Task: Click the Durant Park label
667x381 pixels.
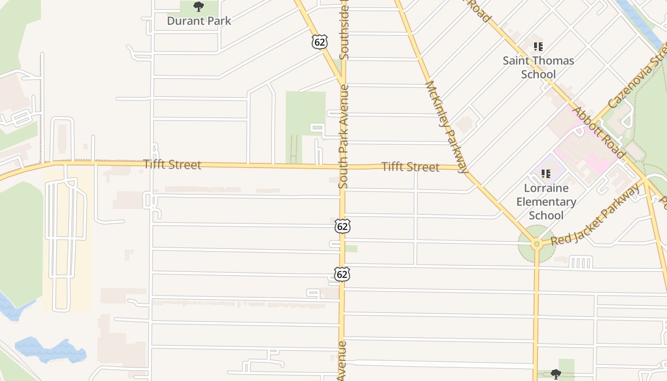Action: tap(199, 21)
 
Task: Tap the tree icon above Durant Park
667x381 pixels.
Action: tap(199, 7)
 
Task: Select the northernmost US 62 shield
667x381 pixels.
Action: tap(320, 42)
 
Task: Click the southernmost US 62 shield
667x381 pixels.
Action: tap(342, 274)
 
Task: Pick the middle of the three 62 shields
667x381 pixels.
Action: tap(342, 226)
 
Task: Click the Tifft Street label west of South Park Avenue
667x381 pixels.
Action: tap(172, 165)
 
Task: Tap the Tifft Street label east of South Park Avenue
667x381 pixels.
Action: tap(410, 167)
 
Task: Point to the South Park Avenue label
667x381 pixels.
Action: tap(344, 136)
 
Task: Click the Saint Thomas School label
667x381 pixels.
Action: tap(538, 67)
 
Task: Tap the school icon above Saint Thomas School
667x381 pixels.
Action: tap(538, 47)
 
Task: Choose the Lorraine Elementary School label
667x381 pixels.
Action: tap(546, 201)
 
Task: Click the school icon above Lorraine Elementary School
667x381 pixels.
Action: tap(546, 174)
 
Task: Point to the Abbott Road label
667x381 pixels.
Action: tap(598, 133)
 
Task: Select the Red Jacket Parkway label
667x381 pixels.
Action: tap(596, 215)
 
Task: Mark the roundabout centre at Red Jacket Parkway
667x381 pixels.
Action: tap(536, 244)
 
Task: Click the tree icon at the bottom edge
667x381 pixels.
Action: tap(556, 374)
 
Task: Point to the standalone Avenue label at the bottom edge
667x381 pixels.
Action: tap(342, 361)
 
